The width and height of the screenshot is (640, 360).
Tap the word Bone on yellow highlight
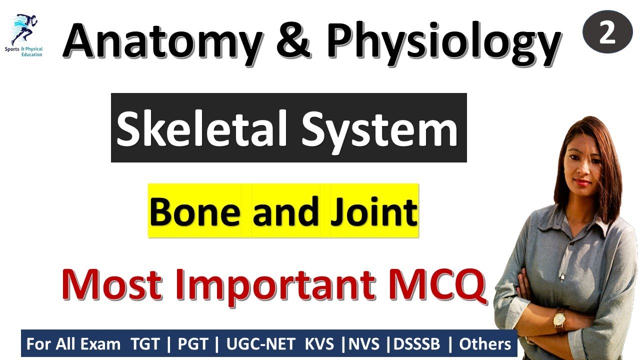pyautogui.click(x=195, y=211)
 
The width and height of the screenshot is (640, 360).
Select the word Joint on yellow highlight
pyautogui.click(x=373, y=211)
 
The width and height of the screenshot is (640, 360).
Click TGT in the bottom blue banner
pyautogui.click(x=145, y=344)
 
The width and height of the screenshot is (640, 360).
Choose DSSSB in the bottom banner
pyautogui.click(x=417, y=344)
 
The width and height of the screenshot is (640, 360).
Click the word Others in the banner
pyautogui.click(x=485, y=344)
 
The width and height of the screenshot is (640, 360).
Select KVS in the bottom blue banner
pyautogui.click(x=320, y=344)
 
